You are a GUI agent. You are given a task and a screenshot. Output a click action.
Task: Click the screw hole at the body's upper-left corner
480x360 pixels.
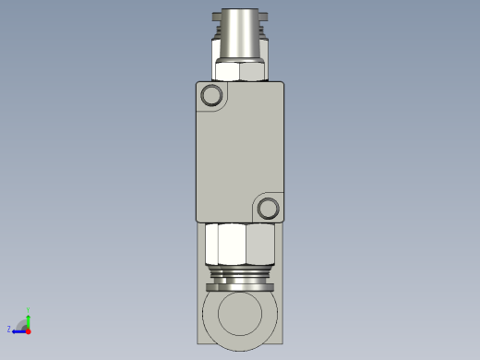tap(212, 95)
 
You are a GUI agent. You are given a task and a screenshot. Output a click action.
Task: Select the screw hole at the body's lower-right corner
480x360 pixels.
tap(269, 208)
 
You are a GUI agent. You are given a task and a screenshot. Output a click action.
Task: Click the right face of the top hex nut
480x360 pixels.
tap(257, 71)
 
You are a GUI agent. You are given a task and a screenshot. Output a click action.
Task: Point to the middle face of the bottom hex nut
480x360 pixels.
tap(232, 245)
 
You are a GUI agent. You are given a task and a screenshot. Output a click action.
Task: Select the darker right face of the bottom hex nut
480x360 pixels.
tap(261, 245)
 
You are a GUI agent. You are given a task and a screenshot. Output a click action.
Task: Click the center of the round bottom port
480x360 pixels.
tap(240, 314)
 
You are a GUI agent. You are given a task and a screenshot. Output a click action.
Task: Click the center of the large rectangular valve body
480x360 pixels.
tap(240, 152)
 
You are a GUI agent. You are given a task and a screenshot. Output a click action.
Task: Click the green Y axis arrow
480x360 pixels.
tap(29, 318)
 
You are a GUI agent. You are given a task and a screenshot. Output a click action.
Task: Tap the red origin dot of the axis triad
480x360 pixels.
tap(29, 330)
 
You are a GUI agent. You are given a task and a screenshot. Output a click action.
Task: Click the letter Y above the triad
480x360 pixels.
tap(29, 309)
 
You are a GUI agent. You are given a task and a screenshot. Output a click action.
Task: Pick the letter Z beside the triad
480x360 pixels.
tap(9, 329)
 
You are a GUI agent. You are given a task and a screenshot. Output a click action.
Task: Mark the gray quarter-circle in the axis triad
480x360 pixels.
tap(25, 326)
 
